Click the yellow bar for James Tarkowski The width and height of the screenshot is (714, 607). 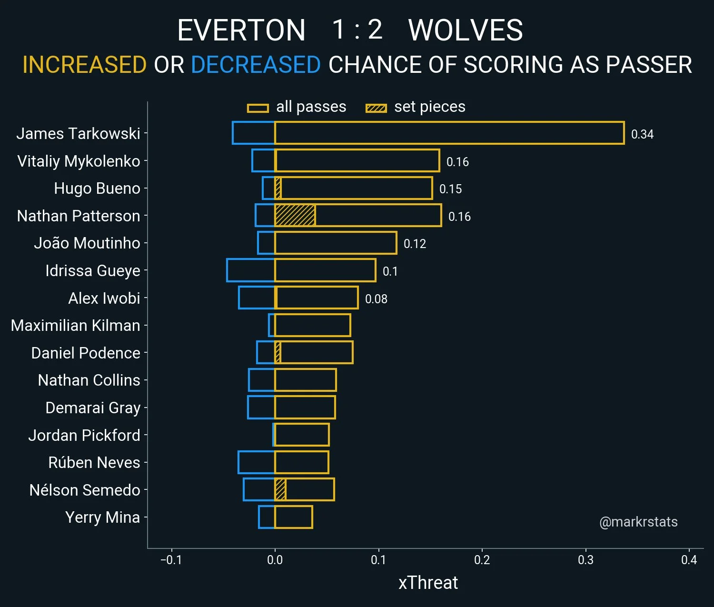pyautogui.click(x=449, y=133)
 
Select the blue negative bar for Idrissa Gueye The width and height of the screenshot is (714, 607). pyautogui.click(x=251, y=270)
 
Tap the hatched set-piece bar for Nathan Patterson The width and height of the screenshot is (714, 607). pyautogui.click(x=295, y=216)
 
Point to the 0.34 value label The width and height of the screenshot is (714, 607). pyautogui.click(x=642, y=134)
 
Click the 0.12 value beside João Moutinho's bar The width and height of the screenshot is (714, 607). pyautogui.click(x=415, y=244)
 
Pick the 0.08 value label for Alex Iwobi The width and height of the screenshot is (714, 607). pyautogui.click(x=376, y=299)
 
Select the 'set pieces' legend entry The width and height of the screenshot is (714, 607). pyautogui.click(x=416, y=107)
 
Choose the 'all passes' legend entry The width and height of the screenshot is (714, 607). pyautogui.click(x=297, y=107)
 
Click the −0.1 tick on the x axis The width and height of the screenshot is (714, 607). pyautogui.click(x=171, y=560)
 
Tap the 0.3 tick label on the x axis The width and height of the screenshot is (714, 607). pyautogui.click(x=585, y=560)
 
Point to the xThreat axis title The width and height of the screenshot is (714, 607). pyautogui.click(x=428, y=583)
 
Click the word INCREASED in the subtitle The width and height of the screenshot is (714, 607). pyautogui.click(x=85, y=65)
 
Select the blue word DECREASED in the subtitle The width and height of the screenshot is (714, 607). pyautogui.click(x=256, y=65)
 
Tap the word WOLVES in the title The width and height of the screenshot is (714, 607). pyautogui.click(x=466, y=30)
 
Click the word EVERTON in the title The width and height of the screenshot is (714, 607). pyautogui.click(x=241, y=30)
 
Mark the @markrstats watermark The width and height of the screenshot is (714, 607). pyautogui.click(x=638, y=522)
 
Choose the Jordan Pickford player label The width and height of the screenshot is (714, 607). pyautogui.click(x=84, y=435)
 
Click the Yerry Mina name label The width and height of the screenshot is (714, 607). pyautogui.click(x=102, y=517)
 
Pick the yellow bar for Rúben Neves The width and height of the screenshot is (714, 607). pyautogui.click(x=302, y=462)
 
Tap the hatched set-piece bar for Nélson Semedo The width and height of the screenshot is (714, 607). pyautogui.click(x=280, y=489)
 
